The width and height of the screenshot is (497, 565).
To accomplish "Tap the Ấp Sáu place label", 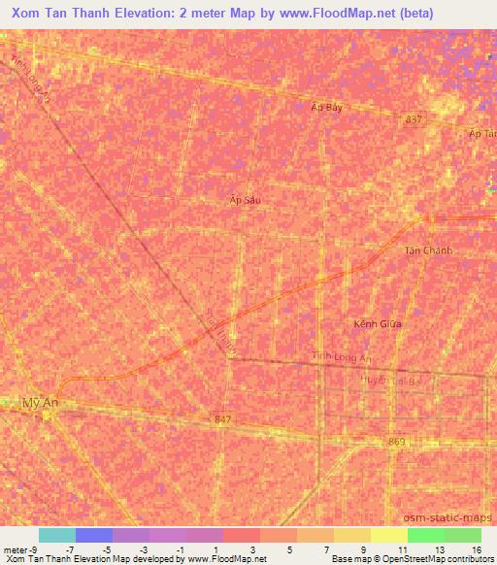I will tap(244, 200).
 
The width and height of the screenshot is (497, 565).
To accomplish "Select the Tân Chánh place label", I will tap(429, 250).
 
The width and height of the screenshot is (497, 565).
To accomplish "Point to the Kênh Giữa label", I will tap(378, 322).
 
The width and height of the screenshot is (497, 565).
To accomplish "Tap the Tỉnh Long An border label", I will tap(342, 358).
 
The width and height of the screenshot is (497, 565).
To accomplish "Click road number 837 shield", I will tap(414, 118).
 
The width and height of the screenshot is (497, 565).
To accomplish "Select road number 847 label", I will tap(223, 418).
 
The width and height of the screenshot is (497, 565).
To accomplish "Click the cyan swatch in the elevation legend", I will tap(56, 535).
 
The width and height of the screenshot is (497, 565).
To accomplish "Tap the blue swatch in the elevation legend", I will tap(93, 535).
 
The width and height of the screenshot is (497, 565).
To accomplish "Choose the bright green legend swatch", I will tap(425, 535).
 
